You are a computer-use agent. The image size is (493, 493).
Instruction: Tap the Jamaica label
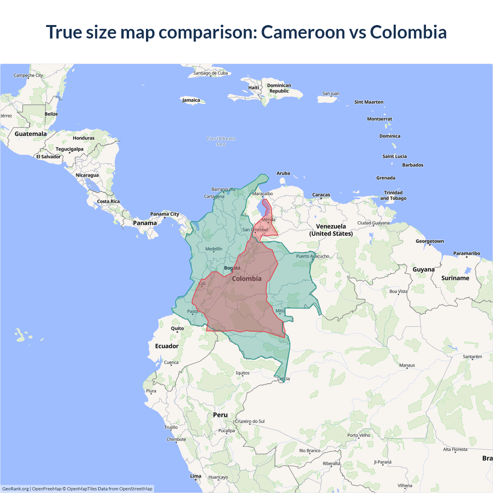click(x=191, y=100)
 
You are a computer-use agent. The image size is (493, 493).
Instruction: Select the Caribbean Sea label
click(x=221, y=141)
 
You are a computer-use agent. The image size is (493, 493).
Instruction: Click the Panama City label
click(x=164, y=214)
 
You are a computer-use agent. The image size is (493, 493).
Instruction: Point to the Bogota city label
click(x=232, y=268)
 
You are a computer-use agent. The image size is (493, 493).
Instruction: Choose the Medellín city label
click(x=214, y=249)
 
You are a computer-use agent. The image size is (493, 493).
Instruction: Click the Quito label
click(x=177, y=329)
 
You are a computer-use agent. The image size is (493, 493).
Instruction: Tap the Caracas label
click(x=321, y=195)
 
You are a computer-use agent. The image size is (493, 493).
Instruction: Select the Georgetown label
click(x=429, y=241)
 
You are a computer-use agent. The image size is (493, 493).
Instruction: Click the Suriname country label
click(x=455, y=278)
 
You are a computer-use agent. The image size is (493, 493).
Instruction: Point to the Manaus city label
click(x=407, y=365)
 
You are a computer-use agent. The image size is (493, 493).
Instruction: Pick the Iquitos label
click(x=243, y=373)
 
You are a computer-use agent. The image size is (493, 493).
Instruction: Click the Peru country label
click(x=220, y=415)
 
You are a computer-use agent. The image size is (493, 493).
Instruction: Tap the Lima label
click(x=196, y=476)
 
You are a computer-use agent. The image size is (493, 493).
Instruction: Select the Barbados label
click(x=413, y=165)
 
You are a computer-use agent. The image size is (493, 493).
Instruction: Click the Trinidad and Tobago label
click(x=393, y=195)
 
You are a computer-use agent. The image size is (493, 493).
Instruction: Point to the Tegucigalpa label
click(x=69, y=149)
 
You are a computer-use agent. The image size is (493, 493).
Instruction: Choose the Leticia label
click(x=283, y=379)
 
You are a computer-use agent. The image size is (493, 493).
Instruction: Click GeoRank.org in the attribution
click(x=15, y=489)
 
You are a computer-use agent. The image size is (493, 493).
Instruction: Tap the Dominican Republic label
click(x=279, y=88)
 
